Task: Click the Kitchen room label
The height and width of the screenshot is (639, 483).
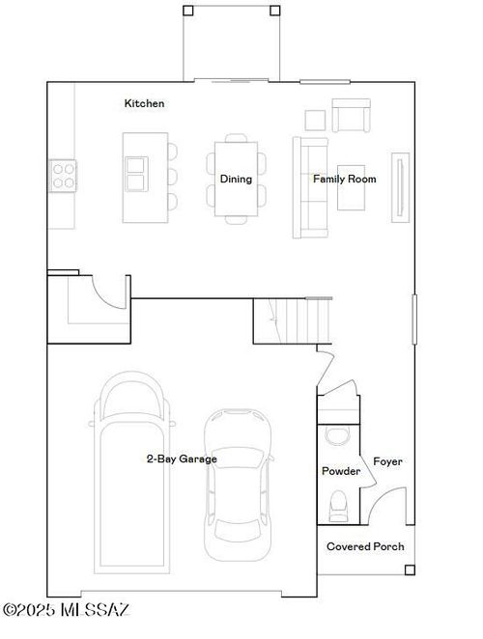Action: tap(144, 103)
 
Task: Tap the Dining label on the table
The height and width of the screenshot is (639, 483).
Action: tap(236, 179)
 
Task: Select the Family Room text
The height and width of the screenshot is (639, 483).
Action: tap(345, 179)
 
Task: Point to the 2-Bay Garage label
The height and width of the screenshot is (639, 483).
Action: tap(182, 458)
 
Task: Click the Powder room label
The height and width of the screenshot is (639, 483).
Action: tap(341, 471)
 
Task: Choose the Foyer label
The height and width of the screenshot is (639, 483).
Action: tap(387, 461)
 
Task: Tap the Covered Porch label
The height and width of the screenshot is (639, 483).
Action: tap(365, 546)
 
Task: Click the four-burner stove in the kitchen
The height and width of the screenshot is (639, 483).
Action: tap(63, 176)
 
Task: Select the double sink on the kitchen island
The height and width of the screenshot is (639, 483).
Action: tap(136, 174)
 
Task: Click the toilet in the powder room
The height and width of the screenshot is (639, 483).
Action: tap(338, 506)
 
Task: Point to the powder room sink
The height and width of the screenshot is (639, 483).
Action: tap(337, 435)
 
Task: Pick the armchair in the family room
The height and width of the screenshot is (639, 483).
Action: tap(352, 115)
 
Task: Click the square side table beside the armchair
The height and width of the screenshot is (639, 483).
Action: tap(315, 121)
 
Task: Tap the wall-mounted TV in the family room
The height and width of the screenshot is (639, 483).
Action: tap(400, 187)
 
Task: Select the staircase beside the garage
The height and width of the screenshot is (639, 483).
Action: tap(292, 321)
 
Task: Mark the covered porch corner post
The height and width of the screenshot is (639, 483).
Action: tap(410, 570)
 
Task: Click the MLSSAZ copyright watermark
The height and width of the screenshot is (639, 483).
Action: tap(66, 610)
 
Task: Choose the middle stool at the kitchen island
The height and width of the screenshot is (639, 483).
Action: tap(173, 177)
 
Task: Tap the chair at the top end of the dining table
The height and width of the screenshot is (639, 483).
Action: tap(237, 138)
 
